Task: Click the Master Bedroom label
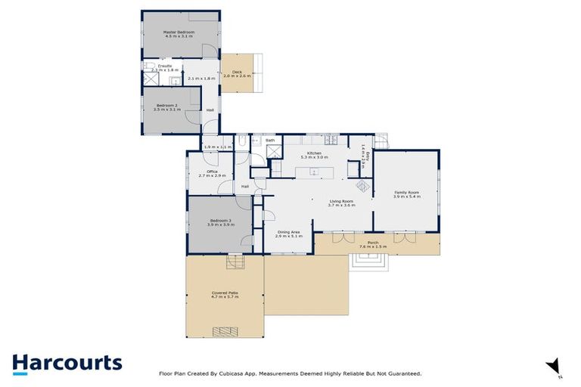click(x=179, y=32)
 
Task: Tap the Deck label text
click(x=237, y=73)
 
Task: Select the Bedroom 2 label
click(x=166, y=105)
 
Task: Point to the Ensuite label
click(x=154, y=67)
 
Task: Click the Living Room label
click(x=342, y=201)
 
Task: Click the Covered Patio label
click(x=224, y=293)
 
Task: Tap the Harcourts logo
click(x=67, y=363)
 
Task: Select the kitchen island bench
click(x=312, y=172)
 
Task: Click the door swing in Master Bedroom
click(x=205, y=50)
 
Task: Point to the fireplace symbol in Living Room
click(x=363, y=184)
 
